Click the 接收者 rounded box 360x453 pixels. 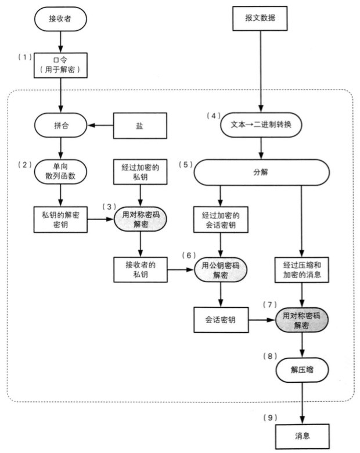[60, 19]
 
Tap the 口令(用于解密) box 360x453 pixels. [60, 64]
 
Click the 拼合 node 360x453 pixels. [60, 125]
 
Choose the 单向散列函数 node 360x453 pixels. [60, 170]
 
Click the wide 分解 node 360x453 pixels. [261, 172]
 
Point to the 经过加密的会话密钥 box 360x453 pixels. [220, 219]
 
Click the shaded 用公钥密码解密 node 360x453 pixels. [220, 268]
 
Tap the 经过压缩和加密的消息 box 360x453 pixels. [302, 268]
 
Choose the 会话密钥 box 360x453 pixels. [220, 319]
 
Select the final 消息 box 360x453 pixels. [302, 434]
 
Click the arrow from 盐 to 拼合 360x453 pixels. [100, 125]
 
